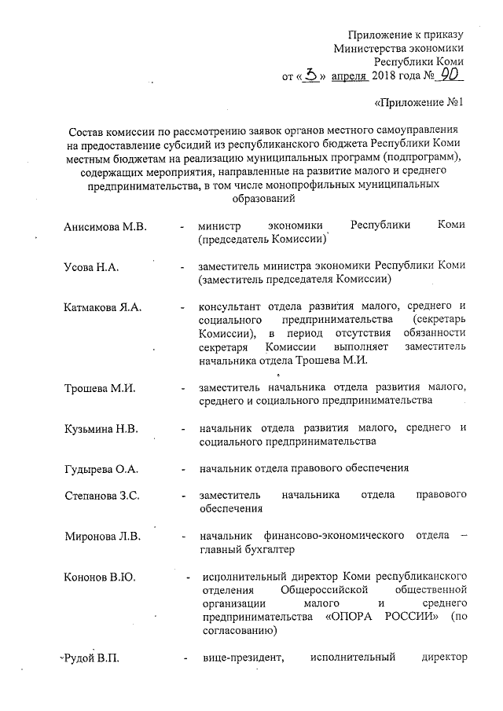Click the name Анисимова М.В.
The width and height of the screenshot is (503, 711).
click(x=105, y=227)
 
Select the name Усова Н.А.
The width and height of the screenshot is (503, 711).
click(x=91, y=268)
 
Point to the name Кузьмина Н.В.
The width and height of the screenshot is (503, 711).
click(x=101, y=429)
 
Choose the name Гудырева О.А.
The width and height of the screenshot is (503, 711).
click(x=101, y=470)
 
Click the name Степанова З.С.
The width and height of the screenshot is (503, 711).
click(x=102, y=497)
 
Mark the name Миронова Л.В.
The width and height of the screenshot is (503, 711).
click(x=102, y=537)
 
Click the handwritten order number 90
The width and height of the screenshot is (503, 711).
click(x=450, y=76)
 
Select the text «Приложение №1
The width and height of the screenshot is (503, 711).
click(x=419, y=103)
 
